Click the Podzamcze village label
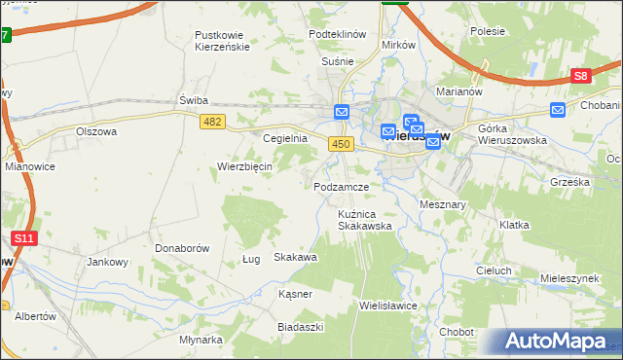coord(341,186)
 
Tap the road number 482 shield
coord(212,122)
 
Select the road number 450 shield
coord(340,144)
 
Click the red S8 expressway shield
coord(581,76)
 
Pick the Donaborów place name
coord(182,248)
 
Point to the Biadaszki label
coord(300,327)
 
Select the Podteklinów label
coord(337,33)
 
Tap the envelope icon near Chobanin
coord(558,110)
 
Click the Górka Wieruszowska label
coord(512,133)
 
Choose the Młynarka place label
coord(202,340)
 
